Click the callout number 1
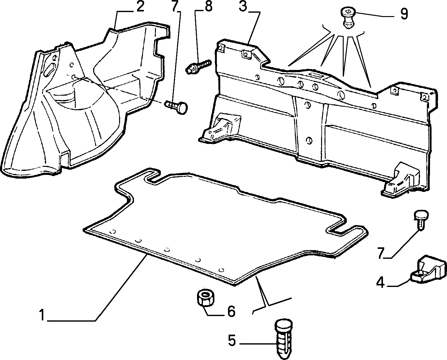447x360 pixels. (x=42, y=315)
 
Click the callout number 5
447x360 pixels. (x=232, y=340)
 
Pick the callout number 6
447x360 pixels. (x=231, y=311)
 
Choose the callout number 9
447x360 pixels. (x=404, y=14)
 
